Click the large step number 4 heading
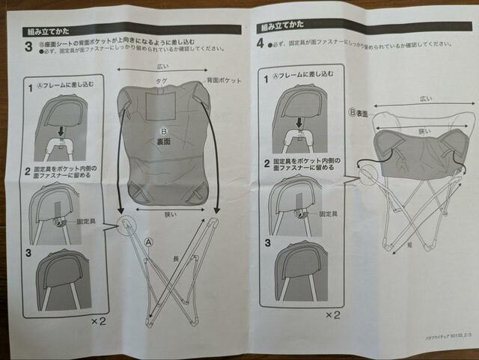[260, 44]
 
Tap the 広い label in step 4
[425, 99]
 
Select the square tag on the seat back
[161, 105]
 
